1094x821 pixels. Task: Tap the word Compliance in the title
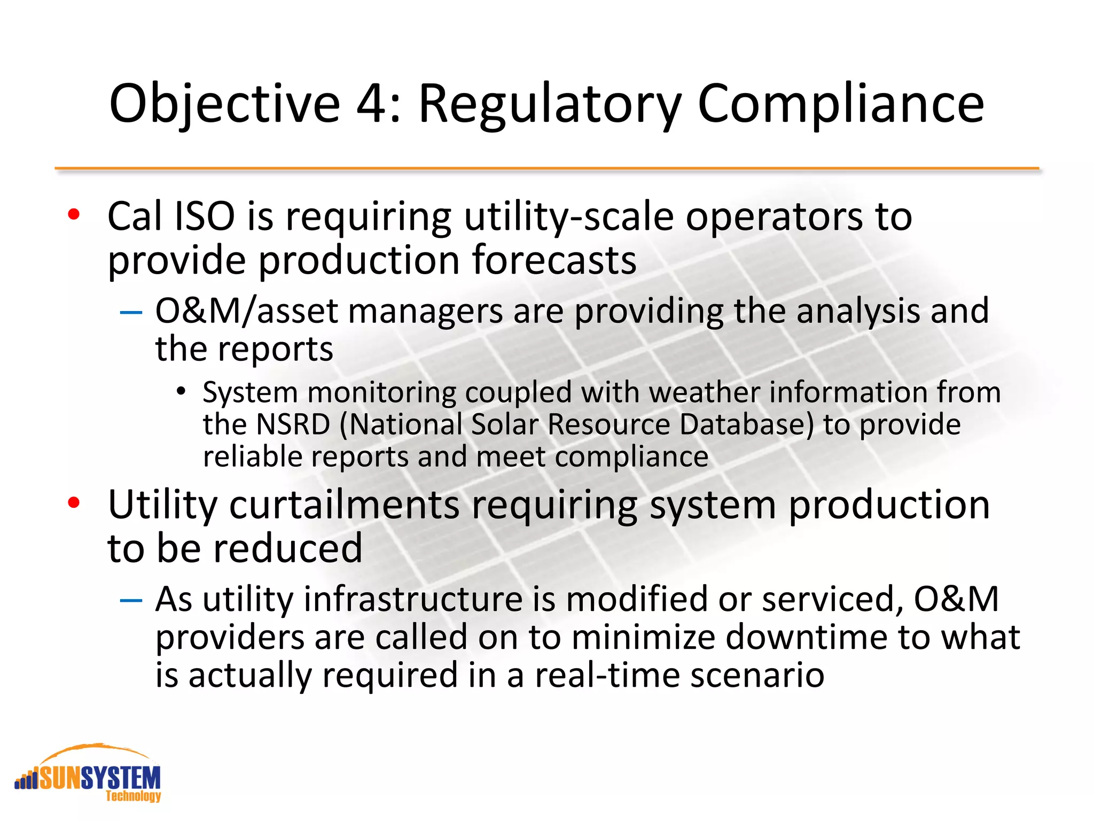tap(840, 104)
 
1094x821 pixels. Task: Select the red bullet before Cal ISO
tap(74, 215)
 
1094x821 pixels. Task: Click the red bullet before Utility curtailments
tap(74, 502)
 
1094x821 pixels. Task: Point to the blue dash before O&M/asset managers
tap(131, 311)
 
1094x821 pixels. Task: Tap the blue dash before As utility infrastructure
tap(131, 600)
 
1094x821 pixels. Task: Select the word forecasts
tap(553, 260)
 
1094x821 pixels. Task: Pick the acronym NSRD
tap(293, 425)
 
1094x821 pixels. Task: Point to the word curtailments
tap(345, 505)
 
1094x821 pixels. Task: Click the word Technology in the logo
tap(133, 796)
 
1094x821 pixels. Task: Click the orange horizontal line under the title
tap(547, 168)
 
